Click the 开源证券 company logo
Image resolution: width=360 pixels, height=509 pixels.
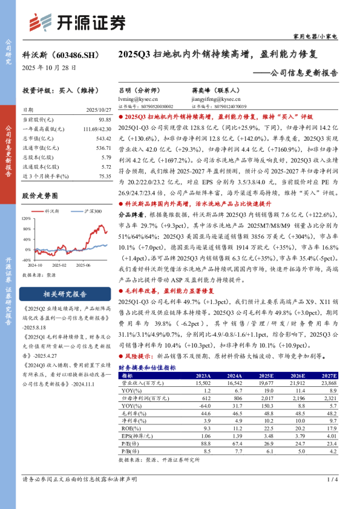pos(78,22)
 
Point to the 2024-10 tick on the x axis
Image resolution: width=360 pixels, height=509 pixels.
pos(37,265)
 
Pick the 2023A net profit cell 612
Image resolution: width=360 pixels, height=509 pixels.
pos(205,398)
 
